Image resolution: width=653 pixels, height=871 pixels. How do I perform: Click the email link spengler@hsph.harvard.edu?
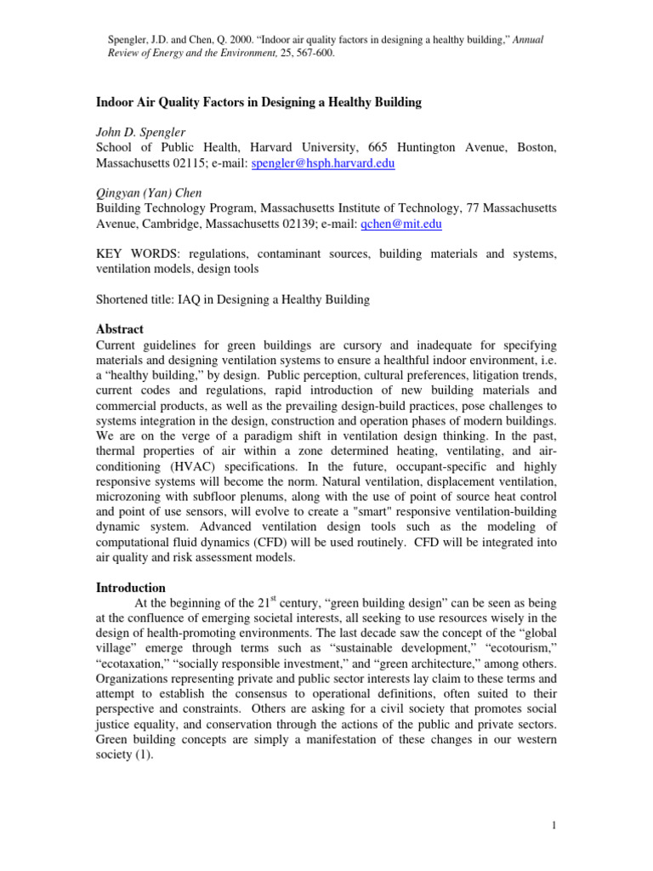[324, 162]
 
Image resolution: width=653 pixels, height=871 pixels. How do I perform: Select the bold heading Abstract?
[119, 329]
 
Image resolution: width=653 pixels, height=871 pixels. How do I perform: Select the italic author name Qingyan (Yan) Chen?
[150, 194]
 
